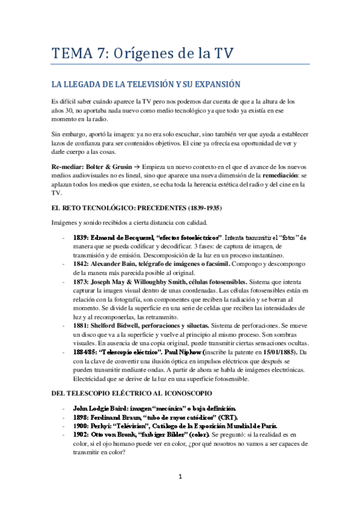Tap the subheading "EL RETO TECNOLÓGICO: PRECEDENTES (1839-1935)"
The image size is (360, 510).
[137, 208]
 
